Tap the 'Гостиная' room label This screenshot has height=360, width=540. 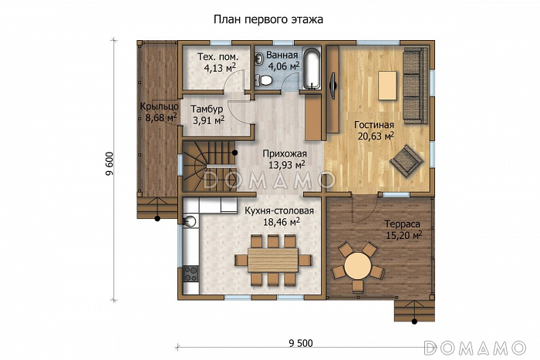click(374, 125)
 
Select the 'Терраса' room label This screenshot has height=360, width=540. click(402, 224)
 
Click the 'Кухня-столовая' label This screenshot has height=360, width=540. click(278, 210)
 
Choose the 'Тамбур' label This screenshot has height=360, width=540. click(207, 109)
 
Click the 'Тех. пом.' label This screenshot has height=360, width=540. click(218, 58)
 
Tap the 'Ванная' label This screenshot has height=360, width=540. click(283, 56)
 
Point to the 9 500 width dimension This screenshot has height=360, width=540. click(303, 343)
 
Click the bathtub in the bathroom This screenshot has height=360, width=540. click(311, 70)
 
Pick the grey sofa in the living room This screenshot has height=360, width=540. click(413, 86)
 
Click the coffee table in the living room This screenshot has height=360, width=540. click(386, 85)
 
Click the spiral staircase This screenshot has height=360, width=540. click(207, 166)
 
